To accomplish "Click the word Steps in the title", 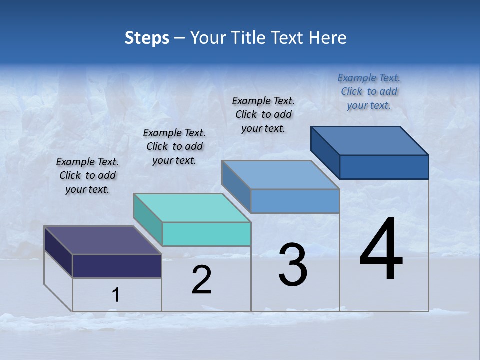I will coord(147,38).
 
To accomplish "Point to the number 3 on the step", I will coord(293,265).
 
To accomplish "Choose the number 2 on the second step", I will coord(201,280).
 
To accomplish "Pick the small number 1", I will coord(115,295).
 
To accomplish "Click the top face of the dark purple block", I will coord(103,240).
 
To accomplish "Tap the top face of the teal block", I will coord(192,207).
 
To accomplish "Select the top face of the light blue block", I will coord(281,175).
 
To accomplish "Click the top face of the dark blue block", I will coord(370,140).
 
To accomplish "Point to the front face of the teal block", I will coord(206,234).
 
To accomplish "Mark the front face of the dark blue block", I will coord(384,167).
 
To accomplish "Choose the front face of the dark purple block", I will coord(117,266).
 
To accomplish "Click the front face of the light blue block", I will coord(295,201).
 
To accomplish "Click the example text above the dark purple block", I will coord(87,176).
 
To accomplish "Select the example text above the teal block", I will coord(174,147).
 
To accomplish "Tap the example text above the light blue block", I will coord(263,114).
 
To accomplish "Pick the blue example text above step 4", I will coord(369,91).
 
